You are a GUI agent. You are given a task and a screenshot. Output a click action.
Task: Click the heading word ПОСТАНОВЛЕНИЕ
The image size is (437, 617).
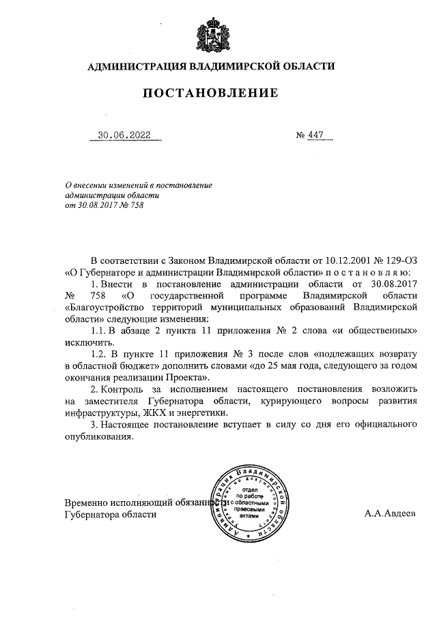click(210, 93)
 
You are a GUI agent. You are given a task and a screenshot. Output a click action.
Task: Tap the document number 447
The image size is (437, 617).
click(315, 135)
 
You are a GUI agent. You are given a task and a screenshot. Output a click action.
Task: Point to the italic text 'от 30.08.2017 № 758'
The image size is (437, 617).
click(104, 205)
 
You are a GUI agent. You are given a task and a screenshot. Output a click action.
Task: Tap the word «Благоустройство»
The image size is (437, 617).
click(102, 307)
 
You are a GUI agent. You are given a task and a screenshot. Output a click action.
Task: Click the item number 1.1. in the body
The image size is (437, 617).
click(101, 331)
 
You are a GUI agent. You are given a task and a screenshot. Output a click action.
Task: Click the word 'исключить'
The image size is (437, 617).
click(87, 342)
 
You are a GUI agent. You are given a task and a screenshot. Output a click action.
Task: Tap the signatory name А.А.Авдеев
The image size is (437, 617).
click(389, 515)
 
